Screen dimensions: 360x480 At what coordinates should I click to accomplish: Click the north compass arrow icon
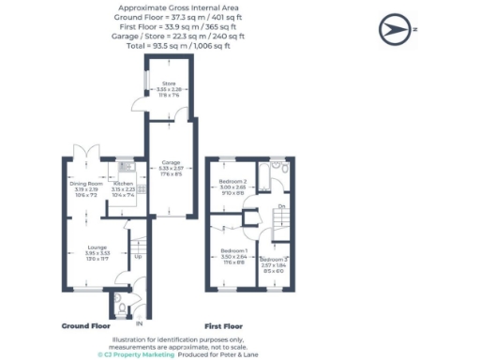pos(395,29)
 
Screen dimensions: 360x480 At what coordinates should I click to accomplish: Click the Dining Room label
pos(85,186)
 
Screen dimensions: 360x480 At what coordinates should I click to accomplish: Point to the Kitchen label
pos(124,186)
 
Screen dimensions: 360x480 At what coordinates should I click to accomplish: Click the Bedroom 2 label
pos(232,183)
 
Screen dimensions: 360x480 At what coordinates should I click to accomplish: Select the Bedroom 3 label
pos(275,260)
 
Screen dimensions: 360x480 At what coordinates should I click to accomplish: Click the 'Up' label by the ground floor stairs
pos(140,257)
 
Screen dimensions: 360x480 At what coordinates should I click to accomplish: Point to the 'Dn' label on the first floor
pos(281,207)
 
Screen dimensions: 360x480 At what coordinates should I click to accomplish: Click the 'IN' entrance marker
pos(139,323)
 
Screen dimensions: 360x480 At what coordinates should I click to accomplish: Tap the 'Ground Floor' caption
pos(87,326)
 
